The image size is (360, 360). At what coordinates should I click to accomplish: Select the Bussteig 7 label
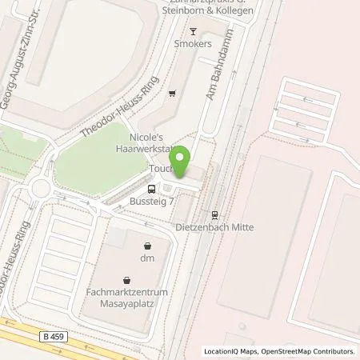click(x=153, y=203)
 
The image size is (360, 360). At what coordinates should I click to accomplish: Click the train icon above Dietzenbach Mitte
click(x=214, y=214)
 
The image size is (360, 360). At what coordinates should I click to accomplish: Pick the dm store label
click(x=147, y=258)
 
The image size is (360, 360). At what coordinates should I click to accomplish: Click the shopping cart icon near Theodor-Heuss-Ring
click(x=172, y=93)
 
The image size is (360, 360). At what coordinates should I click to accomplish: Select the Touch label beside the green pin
click(x=160, y=170)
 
